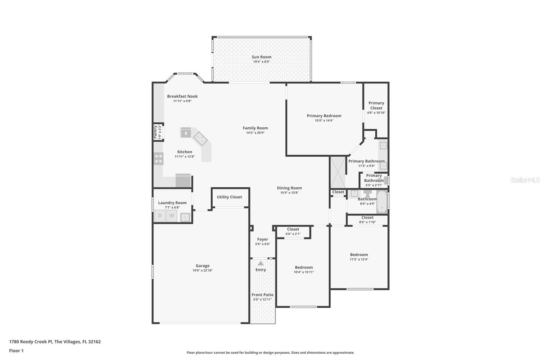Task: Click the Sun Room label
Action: tap(261, 57)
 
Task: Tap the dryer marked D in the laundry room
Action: tap(160, 216)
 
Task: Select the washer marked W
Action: tap(171, 216)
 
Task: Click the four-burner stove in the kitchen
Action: tap(158, 158)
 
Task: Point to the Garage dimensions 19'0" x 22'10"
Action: tap(203, 271)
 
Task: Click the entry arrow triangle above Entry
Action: tap(260, 263)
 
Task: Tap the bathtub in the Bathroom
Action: tap(382, 202)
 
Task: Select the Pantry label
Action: tap(156, 132)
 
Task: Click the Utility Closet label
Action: tap(229, 197)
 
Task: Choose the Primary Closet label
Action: tap(376, 105)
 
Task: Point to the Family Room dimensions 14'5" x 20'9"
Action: tap(255, 133)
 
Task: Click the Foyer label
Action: tap(262, 239)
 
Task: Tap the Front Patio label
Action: tap(262, 295)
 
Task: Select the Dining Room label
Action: tap(289, 188)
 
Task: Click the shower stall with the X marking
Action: tap(337, 172)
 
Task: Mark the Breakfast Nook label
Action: tap(182, 96)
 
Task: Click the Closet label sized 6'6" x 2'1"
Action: tap(293, 229)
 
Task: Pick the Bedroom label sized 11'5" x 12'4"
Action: tap(359, 255)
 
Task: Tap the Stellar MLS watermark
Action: tap(525, 180)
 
